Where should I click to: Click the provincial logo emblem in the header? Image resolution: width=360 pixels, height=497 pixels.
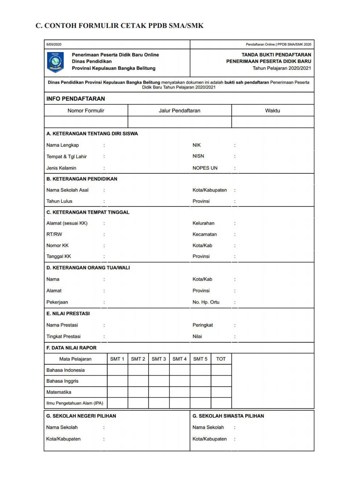click(x=55, y=62)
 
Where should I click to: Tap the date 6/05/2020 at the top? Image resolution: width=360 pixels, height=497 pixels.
click(x=54, y=45)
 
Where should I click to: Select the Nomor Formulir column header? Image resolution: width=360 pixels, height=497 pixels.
click(x=86, y=111)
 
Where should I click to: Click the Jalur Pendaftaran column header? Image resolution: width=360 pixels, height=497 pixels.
click(x=179, y=111)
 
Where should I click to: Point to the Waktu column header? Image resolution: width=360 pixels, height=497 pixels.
click(x=273, y=111)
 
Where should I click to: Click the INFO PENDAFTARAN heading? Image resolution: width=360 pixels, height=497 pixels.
click(x=75, y=99)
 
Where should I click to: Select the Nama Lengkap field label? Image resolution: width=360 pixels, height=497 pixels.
click(x=63, y=145)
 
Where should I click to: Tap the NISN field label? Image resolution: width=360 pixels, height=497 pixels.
click(x=198, y=156)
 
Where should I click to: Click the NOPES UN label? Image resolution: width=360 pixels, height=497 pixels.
click(x=205, y=168)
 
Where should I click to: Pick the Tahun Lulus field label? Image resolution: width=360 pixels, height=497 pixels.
click(x=59, y=201)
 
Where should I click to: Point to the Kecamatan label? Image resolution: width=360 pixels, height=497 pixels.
click(x=204, y=234)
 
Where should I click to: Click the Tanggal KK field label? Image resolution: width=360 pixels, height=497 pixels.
click(x=59, y=256)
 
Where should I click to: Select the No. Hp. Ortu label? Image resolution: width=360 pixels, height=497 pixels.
click(x=206, y=302)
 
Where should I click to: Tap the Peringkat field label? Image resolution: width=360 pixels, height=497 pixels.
click(x=203, y=325)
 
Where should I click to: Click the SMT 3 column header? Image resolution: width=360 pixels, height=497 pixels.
click(x=159, y=359)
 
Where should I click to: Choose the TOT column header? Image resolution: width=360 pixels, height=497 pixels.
click(x=221, y=359)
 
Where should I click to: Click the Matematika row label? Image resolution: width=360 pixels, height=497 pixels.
click(x=59, y=392)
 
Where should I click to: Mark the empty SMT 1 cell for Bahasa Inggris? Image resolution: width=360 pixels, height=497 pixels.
click(x=117, y=381)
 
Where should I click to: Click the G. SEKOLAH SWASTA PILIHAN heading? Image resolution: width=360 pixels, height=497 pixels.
click(x=228, y=416)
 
